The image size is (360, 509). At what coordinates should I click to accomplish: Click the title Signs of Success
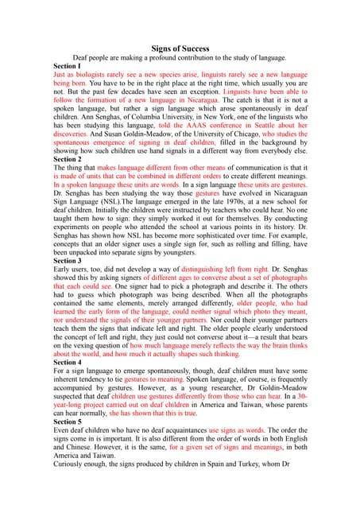coord(180,49)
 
